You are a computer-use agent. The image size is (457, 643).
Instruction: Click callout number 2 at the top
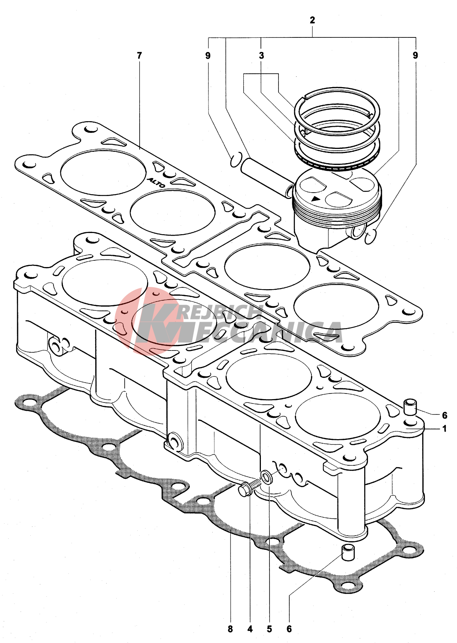tap(313, 20)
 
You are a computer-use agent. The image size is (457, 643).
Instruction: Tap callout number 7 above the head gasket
tap(140, 56)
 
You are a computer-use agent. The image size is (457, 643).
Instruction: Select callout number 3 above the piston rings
tap(261, 56)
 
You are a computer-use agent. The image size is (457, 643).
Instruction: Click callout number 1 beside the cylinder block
tap(445, 429)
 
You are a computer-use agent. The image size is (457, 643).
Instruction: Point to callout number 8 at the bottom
tap(230, 629)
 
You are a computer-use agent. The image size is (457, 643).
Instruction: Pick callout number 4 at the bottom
tap(250, 629)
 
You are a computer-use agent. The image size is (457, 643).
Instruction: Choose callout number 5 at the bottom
tap(269, 629)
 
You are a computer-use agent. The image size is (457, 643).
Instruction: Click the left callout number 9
tap(208, 56)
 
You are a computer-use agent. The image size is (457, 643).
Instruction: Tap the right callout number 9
tap(415, 56)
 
